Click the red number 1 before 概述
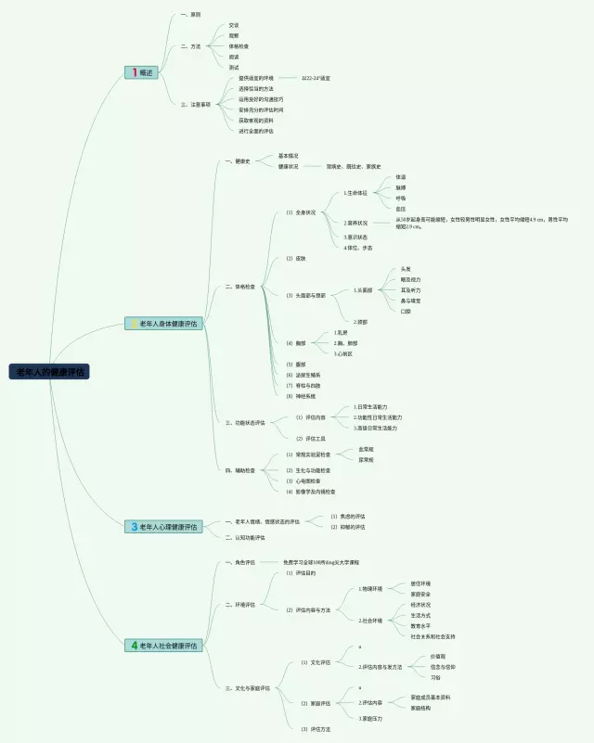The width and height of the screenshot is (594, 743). [x=134, y=72]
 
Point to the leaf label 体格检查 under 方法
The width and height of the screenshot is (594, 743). [x=239, y=45]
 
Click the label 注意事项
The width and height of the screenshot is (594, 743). [x=201, y=105]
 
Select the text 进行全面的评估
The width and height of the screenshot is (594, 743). [x=255, y=131]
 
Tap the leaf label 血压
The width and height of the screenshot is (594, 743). [x=400, y=210]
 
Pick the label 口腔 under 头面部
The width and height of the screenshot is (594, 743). [x=406, y=311]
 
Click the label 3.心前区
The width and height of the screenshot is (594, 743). [x=342, y=353]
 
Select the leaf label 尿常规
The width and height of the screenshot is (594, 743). [x=366, y=459]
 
